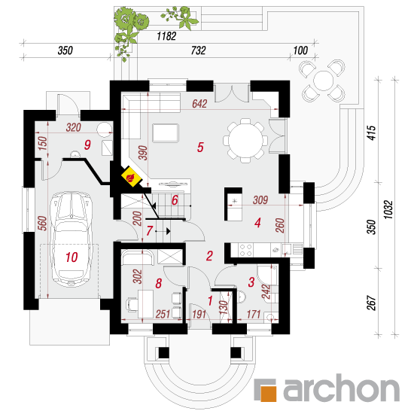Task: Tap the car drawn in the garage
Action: pyautogui.click(x=72, y=239)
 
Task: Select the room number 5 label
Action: pyautogui.click(x=200, y=147)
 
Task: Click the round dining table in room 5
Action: pyautogui.click(x=245, y=141)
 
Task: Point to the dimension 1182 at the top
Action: pyautogui.click(x=166, y=36)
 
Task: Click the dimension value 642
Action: pyautogui.click(x=199, y=104)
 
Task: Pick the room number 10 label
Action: pyautogui.click(x=72, y=257)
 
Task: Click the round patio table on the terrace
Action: pyautogui.click(x=323, y=81)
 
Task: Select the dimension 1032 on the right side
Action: pyautogui.click(x=388, y=210)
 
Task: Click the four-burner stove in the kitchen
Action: pyautogui.click(x=245, y=250)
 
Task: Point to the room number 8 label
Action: pyautogui.click(x=158, y=283)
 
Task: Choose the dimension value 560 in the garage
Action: pyautogui.click(x=42, y=223)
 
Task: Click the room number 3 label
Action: pyautogui.click(x=251, y=282)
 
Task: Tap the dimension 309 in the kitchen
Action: pyautogui.click(x=260, y=200)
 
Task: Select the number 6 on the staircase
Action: pyautogui.click(x=175, y=200)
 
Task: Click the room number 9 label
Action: pyautogui.click(x=87, y=145)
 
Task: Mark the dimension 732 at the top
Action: pyautogui.click(x=198, y=50)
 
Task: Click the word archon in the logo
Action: pyautogui.click(x=342, y=388)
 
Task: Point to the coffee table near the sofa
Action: pyautogui.click(x=166, y=133)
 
